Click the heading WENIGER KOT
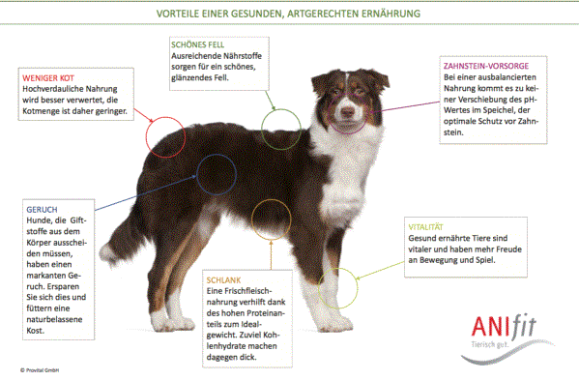pyautogui.click(x=48, y=78)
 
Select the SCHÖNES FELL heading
pyautogui.click(x=197, y=44)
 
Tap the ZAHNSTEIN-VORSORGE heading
pyautogui.click(x=486, y=66)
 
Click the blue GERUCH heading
pyautogui.click(x=42, y=210)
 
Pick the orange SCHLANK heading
pyautogui.click(x=223, y=280)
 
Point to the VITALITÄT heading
pyautogui.click(x=425, y=227)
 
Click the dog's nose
pyautogui.click(x=347, y=111)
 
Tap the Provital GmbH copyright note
pyautogui.click(x=40, y=370)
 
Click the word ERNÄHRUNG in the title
pyautogui.click(x=391, y=14)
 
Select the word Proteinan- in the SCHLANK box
pyautogui.click(x=266, y=313)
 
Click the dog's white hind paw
pyautogui.click(x=166, y=321)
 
